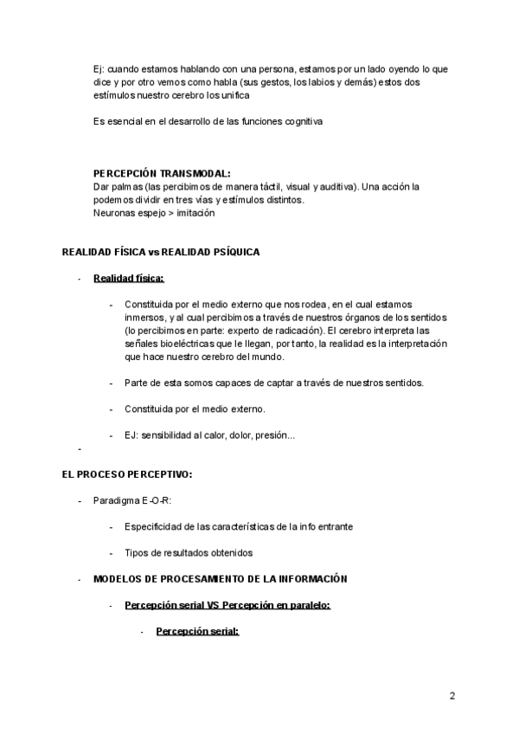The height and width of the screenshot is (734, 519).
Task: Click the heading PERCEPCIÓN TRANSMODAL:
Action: [x=162, y=173]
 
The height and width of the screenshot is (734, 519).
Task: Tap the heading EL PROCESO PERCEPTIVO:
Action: [x=127, y=474]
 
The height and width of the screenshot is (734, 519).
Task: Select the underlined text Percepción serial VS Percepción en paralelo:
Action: [x=227, y=605]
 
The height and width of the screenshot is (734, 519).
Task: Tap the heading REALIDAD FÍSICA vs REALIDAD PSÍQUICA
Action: [x=161, y=252]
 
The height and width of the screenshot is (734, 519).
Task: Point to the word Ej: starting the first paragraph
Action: [x=99, y=68]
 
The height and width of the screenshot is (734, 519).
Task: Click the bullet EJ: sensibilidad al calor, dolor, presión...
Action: [x=209, y=435]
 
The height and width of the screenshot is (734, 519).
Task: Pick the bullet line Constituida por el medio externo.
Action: [x=195, y=409]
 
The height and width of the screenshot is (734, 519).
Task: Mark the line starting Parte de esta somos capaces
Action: [x=273, y=383]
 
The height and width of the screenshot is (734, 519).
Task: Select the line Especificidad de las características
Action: [x=238, y=526]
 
